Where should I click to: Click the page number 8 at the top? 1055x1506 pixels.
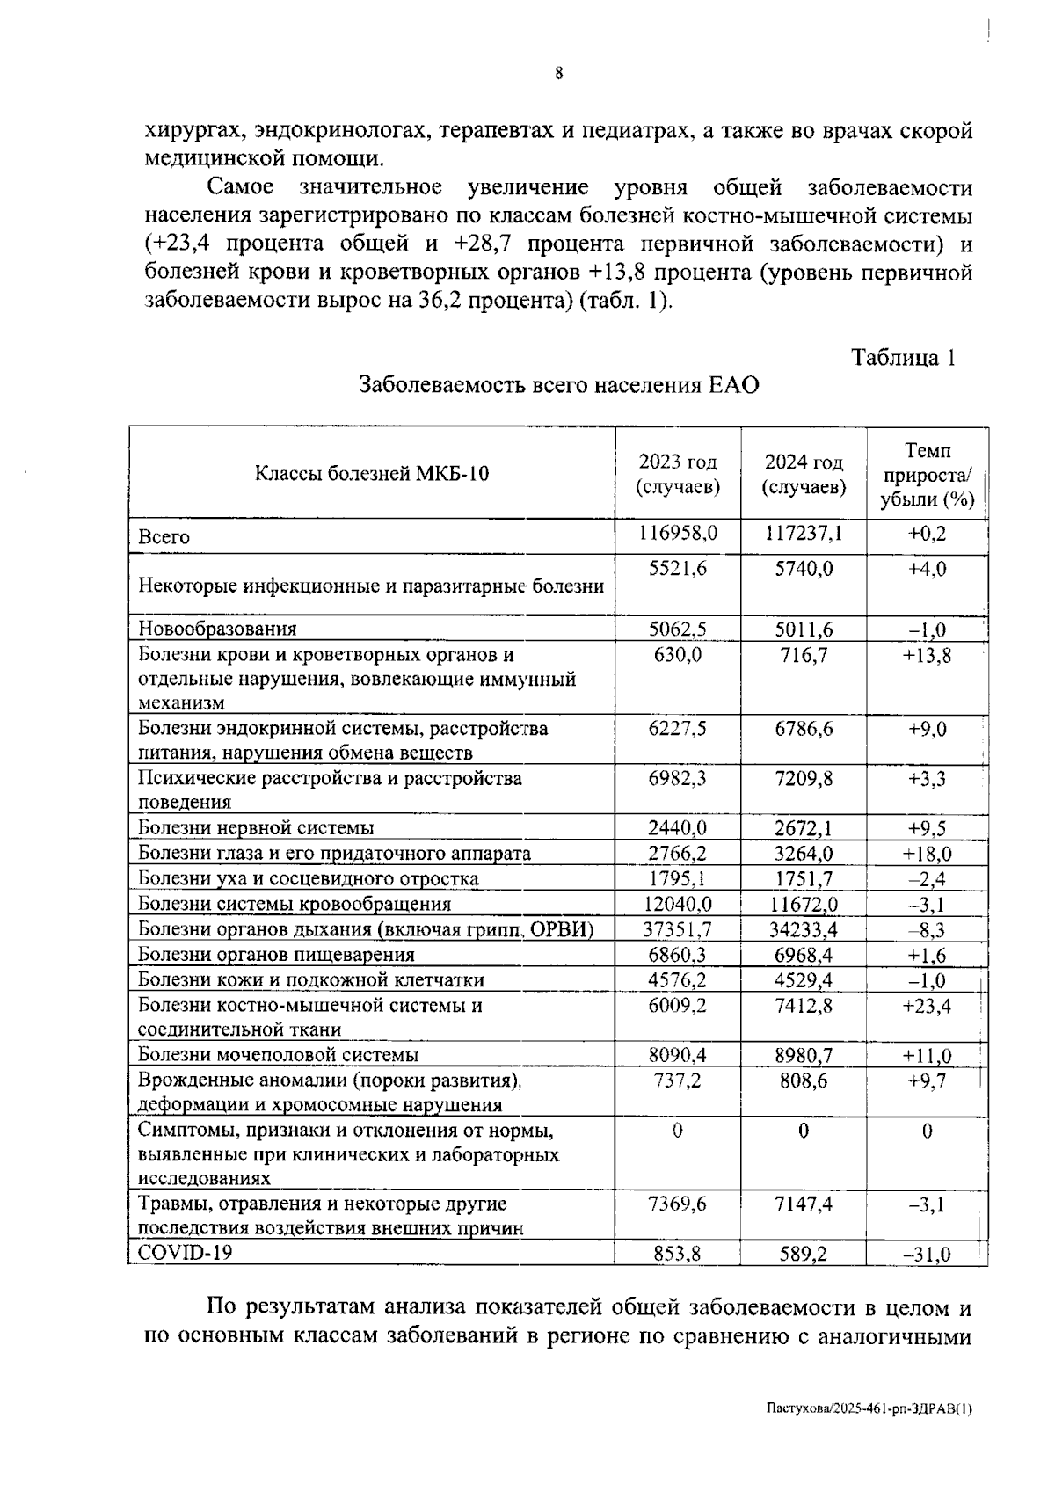click(x=558, y=74)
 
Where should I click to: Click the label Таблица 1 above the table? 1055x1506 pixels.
click(x=902, y=358)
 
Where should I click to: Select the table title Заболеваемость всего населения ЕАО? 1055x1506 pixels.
click(x=558, y=386)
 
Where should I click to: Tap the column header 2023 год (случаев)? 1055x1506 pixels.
click(x=677, y=474)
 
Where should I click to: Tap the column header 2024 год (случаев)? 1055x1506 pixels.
click(x=804, y=474)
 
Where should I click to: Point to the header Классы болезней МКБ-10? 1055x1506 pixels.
click(x=372, y=474)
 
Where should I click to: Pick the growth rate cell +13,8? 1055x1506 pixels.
click(x=927, y=656)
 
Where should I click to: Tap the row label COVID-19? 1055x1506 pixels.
click(x=186, y=1252)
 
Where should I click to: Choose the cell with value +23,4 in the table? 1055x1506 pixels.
click(x=927, y=1006)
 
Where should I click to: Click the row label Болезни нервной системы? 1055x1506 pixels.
click(x=256, y=827)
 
